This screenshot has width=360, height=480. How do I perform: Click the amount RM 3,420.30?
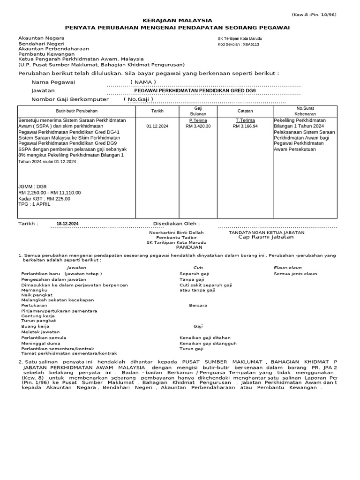198,126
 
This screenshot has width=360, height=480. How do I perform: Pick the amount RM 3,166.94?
245,126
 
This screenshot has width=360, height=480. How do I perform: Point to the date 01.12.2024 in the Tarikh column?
157,126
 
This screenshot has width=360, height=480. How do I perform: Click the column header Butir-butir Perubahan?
76,111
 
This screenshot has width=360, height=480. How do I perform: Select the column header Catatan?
245,111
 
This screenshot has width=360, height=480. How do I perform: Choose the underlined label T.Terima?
245,120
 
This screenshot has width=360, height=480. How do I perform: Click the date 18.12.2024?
67,224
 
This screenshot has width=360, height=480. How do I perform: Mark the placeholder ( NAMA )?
143,82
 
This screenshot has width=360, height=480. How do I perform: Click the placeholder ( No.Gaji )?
138,99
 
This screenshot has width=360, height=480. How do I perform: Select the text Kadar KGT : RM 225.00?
45,199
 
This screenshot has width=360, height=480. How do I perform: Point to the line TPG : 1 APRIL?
34,205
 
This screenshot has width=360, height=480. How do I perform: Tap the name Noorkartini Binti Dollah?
176,232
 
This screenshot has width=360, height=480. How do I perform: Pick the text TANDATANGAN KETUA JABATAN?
266,232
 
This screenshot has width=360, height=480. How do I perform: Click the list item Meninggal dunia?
41,343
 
